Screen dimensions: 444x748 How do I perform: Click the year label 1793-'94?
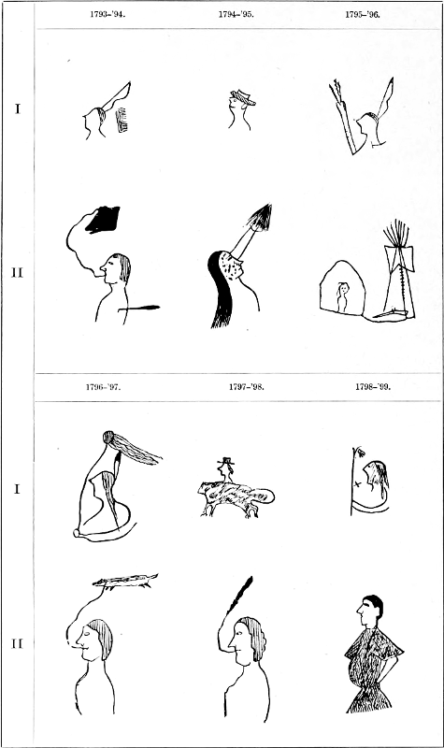point(107,14)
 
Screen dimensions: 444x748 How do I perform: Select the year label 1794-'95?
point(236,14)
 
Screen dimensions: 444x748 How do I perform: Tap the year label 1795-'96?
point(363,14)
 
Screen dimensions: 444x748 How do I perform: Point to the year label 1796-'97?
point(104,387)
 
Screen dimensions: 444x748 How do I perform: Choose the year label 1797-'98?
point(247,387)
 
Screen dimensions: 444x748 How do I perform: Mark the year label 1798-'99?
point(372,387)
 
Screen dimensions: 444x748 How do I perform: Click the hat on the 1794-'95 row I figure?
point(243,97)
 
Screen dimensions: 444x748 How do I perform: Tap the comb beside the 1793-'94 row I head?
point(122,120)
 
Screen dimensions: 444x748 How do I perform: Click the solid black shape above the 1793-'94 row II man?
point(103,220)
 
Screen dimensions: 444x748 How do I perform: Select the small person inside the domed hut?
point(342,296)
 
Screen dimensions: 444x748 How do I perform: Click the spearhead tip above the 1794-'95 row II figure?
point(262,217)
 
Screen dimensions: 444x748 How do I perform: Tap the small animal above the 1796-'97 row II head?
point(125,581)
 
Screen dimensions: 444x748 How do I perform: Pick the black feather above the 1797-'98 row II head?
point(241,594)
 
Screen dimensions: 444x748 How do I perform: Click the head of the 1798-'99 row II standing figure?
point(370,610)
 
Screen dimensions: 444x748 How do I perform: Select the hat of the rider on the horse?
point(225,461)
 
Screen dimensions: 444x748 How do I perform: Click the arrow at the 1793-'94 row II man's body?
point(139,308)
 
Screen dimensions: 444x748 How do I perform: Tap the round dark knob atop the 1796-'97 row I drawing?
point(108,437)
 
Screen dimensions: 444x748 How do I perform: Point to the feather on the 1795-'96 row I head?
point(386,97)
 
